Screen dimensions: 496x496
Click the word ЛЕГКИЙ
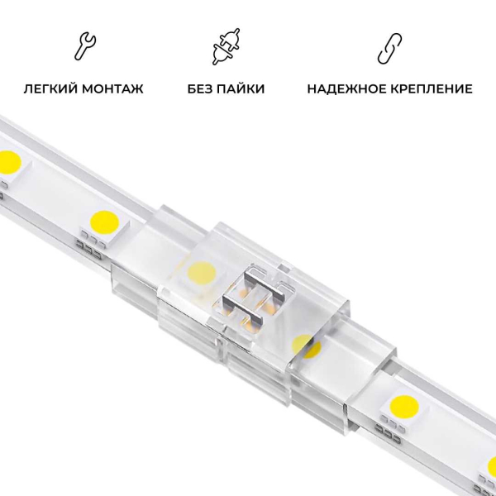point(53,88)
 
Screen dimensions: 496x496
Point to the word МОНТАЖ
point(113,88)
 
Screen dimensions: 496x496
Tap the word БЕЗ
point(201,88)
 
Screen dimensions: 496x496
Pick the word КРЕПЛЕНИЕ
point(430,88)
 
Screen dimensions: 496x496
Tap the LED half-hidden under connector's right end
point(307,346)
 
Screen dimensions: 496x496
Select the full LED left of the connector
point(105,222)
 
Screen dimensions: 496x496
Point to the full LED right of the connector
point(408,404)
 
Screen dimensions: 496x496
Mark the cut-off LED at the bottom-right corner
point(490,467)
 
